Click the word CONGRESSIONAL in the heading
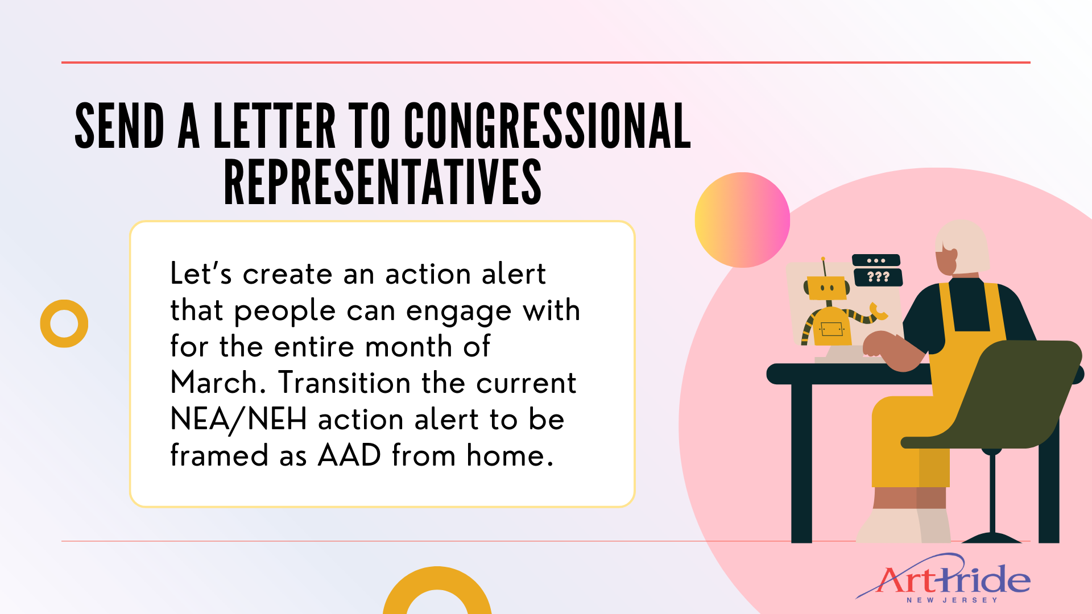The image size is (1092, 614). (x=547, y=126)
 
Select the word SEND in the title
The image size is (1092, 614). (x=120, y=126)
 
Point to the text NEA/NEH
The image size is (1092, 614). (x=239, y=420)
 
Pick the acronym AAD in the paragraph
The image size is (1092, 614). (x=349, y=455)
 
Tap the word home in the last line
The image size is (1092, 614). (x=510, y=455)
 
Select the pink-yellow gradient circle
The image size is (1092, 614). (x=742, y=220)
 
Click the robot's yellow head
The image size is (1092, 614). (x=828, y=288)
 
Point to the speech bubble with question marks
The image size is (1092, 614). (x=878, y=277)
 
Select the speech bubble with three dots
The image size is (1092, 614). (x=876, y=260)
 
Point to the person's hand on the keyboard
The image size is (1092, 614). (x=880, y=346)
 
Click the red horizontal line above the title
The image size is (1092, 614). (x=546, y=63)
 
